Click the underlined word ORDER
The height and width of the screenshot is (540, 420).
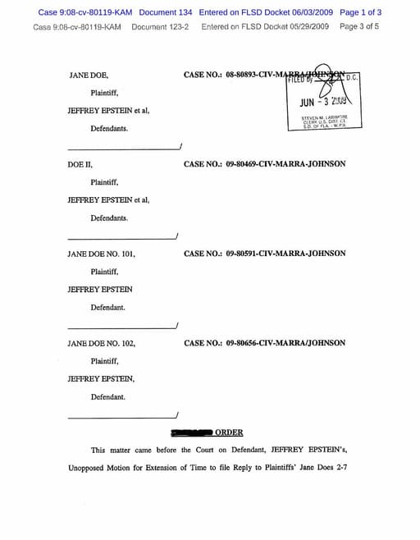click(x=229, y=432)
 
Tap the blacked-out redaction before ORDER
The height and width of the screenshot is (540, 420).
click(x=191, y=432)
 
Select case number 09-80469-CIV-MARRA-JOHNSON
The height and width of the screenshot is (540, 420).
click(x=264, y=164)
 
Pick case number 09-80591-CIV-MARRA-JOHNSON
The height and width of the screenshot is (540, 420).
click(x=264, y=254)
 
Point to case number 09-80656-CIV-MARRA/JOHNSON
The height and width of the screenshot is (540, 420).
click(x=264, y=343)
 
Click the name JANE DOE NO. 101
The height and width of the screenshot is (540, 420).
click(x=101, y=254)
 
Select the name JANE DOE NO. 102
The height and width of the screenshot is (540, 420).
click(x=101, y=343)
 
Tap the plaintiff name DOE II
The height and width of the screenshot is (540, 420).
click(x=80, y=164)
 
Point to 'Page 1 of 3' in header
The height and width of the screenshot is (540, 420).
click(x=360, y=12)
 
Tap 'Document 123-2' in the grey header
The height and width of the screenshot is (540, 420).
click(x=161, y=26)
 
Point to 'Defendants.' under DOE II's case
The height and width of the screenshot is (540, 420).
click(x=109, y=218)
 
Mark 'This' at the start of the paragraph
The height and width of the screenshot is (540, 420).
click(x=98, y=450)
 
